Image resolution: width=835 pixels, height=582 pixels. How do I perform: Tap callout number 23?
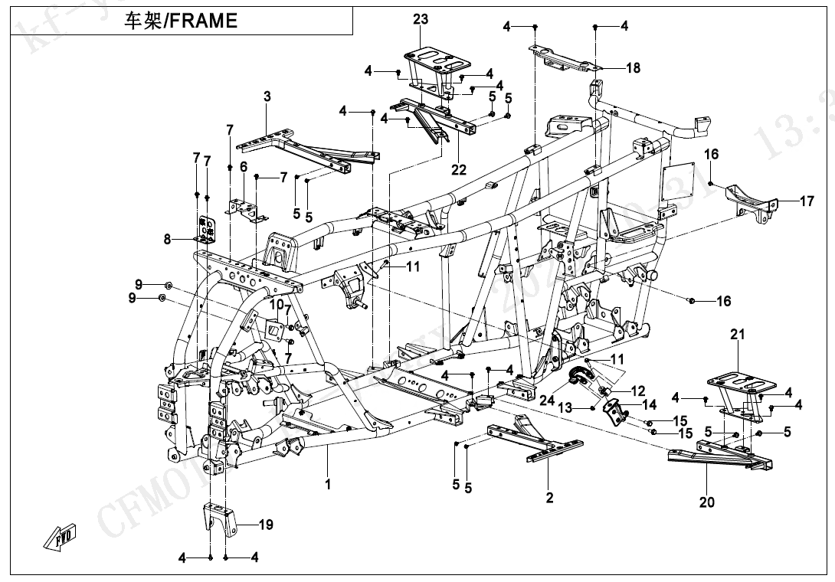point(421,20)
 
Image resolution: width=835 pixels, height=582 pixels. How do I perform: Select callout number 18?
point(633,68)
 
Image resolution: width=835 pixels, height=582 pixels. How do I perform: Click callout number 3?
point(267,96)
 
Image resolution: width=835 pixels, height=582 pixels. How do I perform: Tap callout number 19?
point(265,525)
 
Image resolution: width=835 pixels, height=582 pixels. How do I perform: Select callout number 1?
point(327,484)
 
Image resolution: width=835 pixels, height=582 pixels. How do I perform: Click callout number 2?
point(549,498)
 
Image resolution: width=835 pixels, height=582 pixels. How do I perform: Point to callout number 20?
point(706,502)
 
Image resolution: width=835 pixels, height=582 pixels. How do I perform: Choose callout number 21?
point(737,335)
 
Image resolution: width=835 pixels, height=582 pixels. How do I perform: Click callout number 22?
point(458,170)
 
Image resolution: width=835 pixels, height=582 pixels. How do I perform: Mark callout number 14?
point(649,404)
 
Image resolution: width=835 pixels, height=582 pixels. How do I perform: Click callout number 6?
point(244,166)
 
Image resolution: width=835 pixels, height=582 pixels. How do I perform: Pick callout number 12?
point(637,391)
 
